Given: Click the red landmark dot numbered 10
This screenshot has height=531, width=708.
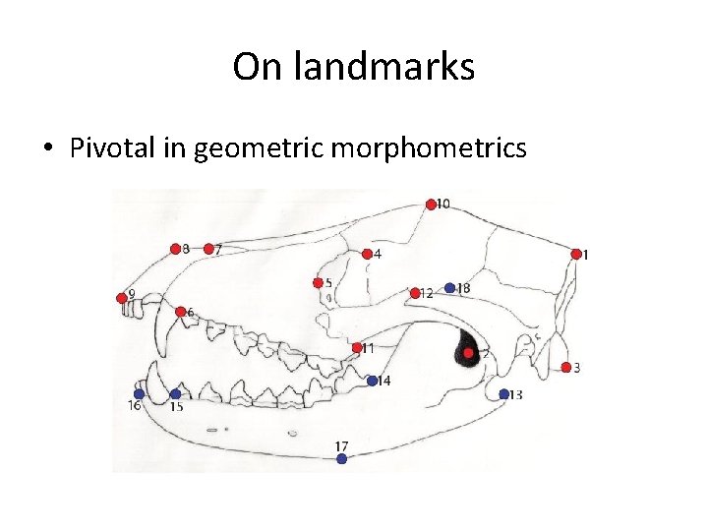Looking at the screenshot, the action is coord(431,205).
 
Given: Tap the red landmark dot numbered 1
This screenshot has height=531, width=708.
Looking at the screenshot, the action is coord(575,254).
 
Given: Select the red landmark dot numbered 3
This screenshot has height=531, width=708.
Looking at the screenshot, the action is coord(566,368).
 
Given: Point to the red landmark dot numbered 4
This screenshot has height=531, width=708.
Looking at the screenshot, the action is coord(366,254).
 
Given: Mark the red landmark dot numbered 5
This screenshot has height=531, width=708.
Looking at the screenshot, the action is coord(318,283).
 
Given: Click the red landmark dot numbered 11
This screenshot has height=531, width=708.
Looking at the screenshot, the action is coord(357,347).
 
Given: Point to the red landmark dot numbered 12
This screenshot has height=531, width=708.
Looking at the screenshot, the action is coord(415,292).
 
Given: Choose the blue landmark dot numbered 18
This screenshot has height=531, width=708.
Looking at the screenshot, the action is coord(449,288).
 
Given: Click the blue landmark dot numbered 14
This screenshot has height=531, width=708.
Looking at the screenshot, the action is coord(373,381).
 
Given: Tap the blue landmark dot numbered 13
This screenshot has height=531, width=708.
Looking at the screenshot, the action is coord(503,394).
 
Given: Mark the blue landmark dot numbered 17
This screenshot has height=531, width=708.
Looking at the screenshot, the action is coord(341,458).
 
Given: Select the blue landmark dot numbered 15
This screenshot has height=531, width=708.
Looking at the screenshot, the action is coord(175,394).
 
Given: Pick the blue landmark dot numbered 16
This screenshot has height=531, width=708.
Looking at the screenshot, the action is coord(139,394).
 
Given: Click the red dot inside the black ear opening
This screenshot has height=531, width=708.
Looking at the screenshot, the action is coord(469,352).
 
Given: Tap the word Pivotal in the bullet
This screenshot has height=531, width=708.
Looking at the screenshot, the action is coord(107,148).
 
